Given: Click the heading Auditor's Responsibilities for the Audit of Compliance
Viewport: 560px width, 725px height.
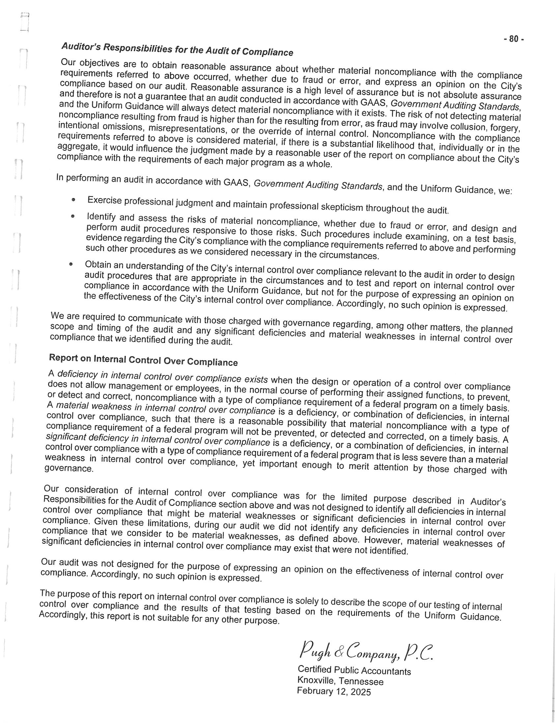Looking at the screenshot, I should click(177, 49).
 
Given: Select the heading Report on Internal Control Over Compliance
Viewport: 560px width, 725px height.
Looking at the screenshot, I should click(143, 360).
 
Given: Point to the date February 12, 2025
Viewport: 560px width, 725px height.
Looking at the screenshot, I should click(334, 691).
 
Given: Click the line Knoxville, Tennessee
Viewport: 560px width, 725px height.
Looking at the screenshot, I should click(340, 681).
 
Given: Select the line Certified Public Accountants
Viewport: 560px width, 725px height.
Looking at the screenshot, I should click(354, 670).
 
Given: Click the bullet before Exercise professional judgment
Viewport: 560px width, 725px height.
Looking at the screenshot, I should click(73, 200).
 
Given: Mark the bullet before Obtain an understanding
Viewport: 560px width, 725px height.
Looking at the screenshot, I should click(71, 264).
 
